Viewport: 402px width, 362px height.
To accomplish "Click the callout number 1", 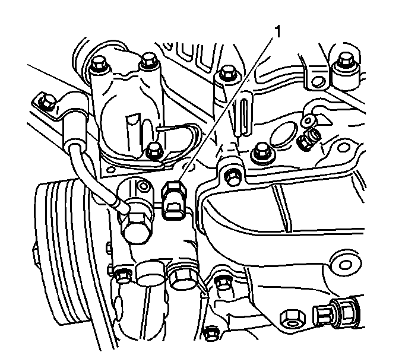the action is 278,32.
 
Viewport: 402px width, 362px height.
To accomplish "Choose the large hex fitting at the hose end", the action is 136,227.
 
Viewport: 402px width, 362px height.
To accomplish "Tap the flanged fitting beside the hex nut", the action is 336,314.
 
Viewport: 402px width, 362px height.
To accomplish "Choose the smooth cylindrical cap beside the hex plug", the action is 150,273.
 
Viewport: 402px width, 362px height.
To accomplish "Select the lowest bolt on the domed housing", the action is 154,151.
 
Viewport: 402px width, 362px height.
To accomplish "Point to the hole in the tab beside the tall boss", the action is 318,82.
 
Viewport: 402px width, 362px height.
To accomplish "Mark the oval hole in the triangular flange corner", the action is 111,170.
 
